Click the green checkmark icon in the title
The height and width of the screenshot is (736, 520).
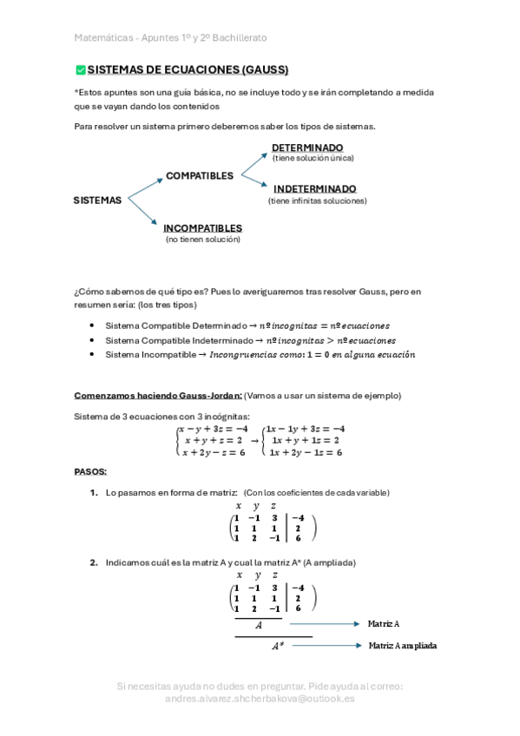tap(81, 70)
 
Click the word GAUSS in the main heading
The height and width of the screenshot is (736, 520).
tap(264, 70)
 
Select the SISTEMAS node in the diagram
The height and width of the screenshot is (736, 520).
tap(97, 200)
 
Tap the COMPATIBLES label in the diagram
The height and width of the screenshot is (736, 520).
tap(200, 175)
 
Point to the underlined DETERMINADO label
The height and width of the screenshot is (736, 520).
tap(307, 148)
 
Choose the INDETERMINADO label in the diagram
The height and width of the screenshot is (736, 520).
tap(314, 188)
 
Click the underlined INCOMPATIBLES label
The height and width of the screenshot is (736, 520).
tap(202, 228)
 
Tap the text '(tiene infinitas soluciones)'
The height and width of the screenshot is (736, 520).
tap(317, 200)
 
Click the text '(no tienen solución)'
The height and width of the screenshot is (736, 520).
tap(203, 239)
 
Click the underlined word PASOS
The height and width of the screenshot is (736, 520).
tap(90, 472)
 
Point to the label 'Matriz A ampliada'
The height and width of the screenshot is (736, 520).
tap(403, 646)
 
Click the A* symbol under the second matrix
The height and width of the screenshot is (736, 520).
tap(277, 647)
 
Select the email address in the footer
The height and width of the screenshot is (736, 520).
tap(259, 698)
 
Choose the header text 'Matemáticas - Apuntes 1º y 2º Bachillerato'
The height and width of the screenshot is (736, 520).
tap(170, 38)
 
